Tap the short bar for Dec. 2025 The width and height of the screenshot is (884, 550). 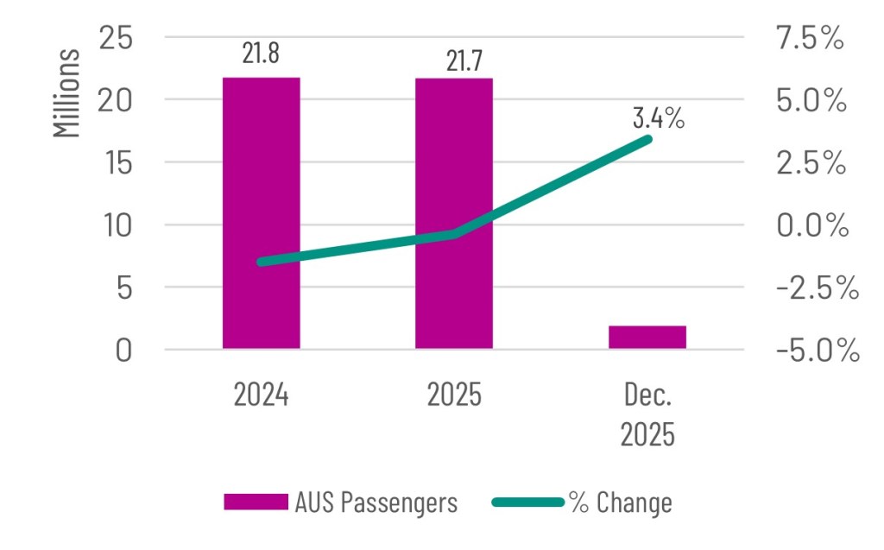point(647,338)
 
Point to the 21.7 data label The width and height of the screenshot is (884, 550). point(453,58)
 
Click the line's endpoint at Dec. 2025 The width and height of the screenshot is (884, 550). point(647,139)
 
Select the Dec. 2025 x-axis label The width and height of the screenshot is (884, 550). point(647,413)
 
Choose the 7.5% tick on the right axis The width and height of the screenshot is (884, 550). point(809,38)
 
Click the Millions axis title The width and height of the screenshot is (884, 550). point(67,94)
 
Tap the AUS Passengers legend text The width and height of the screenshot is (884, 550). point(376,502)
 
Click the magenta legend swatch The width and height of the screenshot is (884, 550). point(256,502)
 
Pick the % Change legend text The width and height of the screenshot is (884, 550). point(621,502)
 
